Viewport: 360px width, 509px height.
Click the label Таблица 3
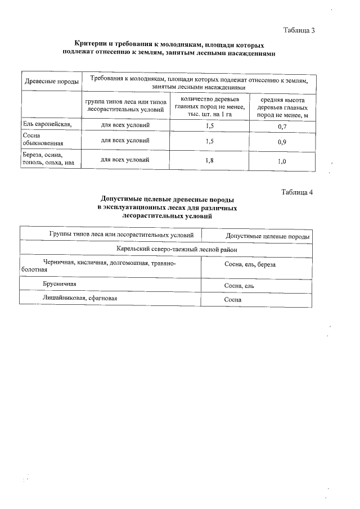299,30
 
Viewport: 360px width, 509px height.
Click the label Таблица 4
296,193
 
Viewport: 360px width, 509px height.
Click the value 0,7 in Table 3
282,126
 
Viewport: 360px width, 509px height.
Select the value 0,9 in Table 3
282,142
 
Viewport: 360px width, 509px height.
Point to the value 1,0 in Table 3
282,162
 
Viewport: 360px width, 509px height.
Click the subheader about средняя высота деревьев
282,107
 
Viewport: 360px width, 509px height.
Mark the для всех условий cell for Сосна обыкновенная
125,141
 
